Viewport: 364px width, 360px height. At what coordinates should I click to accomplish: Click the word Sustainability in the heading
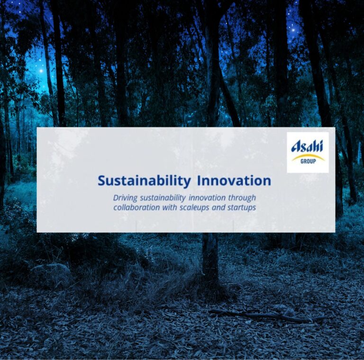pos(144,181)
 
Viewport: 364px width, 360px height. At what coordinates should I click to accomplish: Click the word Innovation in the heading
pos(234,180)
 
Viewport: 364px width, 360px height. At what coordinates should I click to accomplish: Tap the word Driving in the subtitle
pos(125,198)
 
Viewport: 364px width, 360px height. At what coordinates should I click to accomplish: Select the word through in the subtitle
pos(242,198)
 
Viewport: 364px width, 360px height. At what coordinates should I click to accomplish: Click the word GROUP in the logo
pos(308,161)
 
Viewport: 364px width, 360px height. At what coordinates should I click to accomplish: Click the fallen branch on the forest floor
pos(267,315)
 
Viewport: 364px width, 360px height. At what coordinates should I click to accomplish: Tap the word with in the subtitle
pos(170,207)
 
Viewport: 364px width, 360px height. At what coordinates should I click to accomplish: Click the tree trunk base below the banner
pos(210,260)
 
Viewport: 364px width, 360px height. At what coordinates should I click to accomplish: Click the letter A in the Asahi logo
pos(296,147)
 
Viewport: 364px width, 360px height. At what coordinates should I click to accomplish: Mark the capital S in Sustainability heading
pos(101,181)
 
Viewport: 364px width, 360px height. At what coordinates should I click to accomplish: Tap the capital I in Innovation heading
pos(199,180)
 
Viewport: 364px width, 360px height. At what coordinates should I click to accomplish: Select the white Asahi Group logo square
pos(308,153)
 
